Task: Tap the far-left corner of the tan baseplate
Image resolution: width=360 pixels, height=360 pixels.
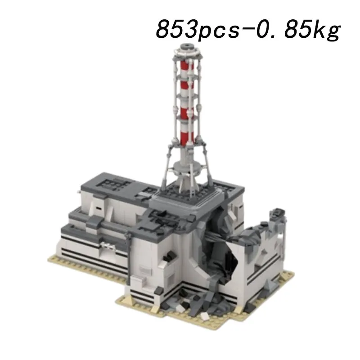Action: click(x=50, y=259)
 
